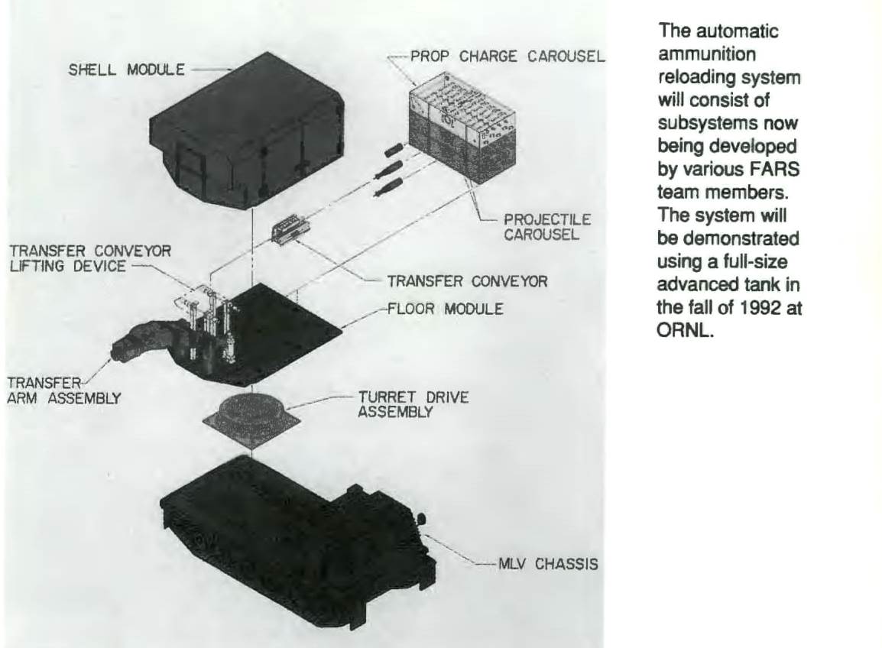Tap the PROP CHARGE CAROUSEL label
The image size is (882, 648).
pos(507,57)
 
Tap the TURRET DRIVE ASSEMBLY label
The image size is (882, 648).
pos(413,404)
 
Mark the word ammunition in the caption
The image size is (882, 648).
pos(696,56)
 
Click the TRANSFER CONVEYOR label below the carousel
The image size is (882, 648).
pos(468,281)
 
